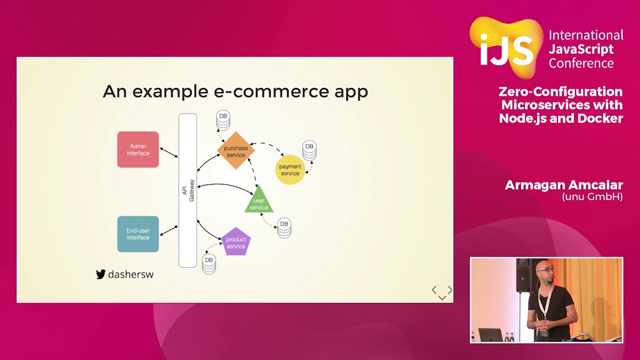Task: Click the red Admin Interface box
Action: [x=138, y=149]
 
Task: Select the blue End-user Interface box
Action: [x=138, y=234]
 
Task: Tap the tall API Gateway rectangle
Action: [x=188, y=190]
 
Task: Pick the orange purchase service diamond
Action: [x=235, y=151]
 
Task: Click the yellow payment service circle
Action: [x=290, y=169]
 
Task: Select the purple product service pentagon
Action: [x=235, y=242]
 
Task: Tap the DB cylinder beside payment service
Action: [x=309, y=150]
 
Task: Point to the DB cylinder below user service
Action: [x=284, y=227]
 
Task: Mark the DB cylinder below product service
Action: [x=209, y=263]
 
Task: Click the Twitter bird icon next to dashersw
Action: [x=100, y=274]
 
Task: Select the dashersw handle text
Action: [x=130, y=274]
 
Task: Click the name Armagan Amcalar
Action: [x=563, y=185]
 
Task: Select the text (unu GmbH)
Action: [x=592, y=196]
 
